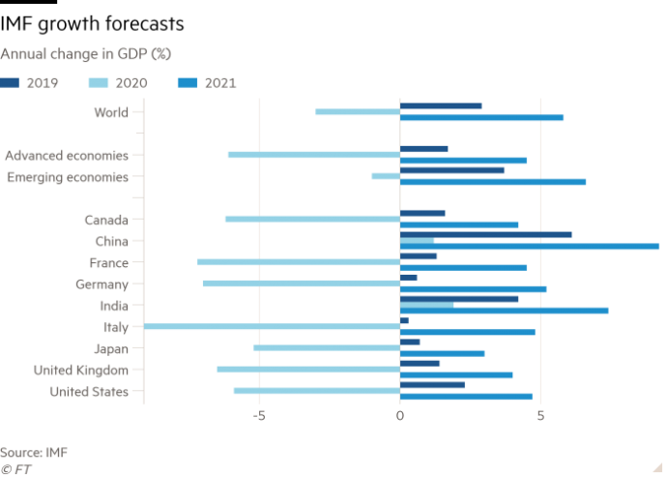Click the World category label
[x=111, y=113]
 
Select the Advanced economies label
[x=67, y=155]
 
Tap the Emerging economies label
[x=68, y=177]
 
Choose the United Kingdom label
[x=81, y=370]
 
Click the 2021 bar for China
[x=530, y=247]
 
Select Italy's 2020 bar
[x=272, y=327]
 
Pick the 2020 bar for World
[x=358, y=112]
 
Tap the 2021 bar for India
[x=505, y=311]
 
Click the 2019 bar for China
[x=486, y=234]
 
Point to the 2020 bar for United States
[x=316, y=391]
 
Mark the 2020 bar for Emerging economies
[x=386, y=176]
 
